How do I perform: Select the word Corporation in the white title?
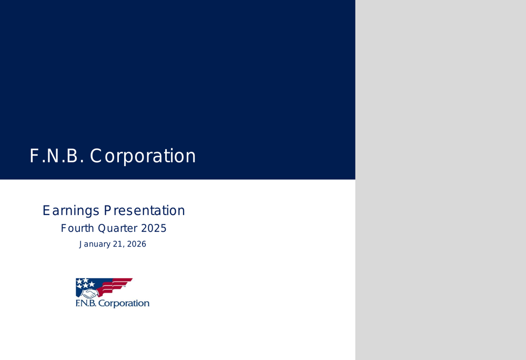click(x=143, y=156)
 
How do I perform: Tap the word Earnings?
click(x=71, y=211)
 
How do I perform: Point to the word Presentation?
click(x=144, y=211)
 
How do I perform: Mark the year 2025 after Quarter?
click(x=153, y=229)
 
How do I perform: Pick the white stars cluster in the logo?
click(x=85, y=283)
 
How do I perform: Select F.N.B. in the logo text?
click(x=86, y=304)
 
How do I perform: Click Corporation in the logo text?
click(x=124, y=304)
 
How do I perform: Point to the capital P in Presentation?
click(x=107, y=211)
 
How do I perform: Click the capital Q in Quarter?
click(x=102, y=229)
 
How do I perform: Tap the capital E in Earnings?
click(x=46, y=211)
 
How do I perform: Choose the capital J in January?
click(x=81, y=244)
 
